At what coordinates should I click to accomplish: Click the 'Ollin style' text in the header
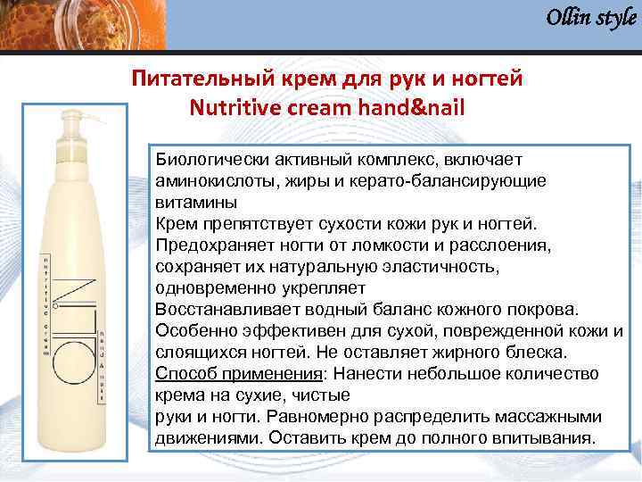590,18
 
